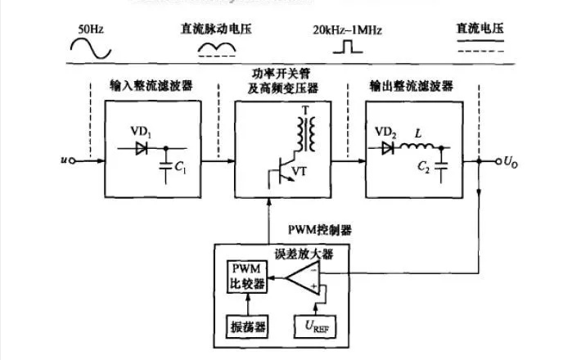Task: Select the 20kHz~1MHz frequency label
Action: [347, 31]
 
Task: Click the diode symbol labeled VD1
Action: [144, 149]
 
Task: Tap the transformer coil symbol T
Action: [307, 133]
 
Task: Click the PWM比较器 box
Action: [247, 277]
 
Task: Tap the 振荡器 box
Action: [247, 326]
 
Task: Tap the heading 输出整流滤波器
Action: [401, 85]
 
